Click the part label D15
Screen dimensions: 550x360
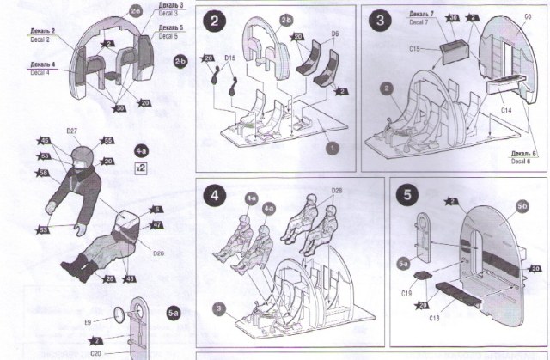230,58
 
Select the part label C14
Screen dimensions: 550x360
507,110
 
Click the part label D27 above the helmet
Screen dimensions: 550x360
73,131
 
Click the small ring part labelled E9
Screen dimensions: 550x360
117,314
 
